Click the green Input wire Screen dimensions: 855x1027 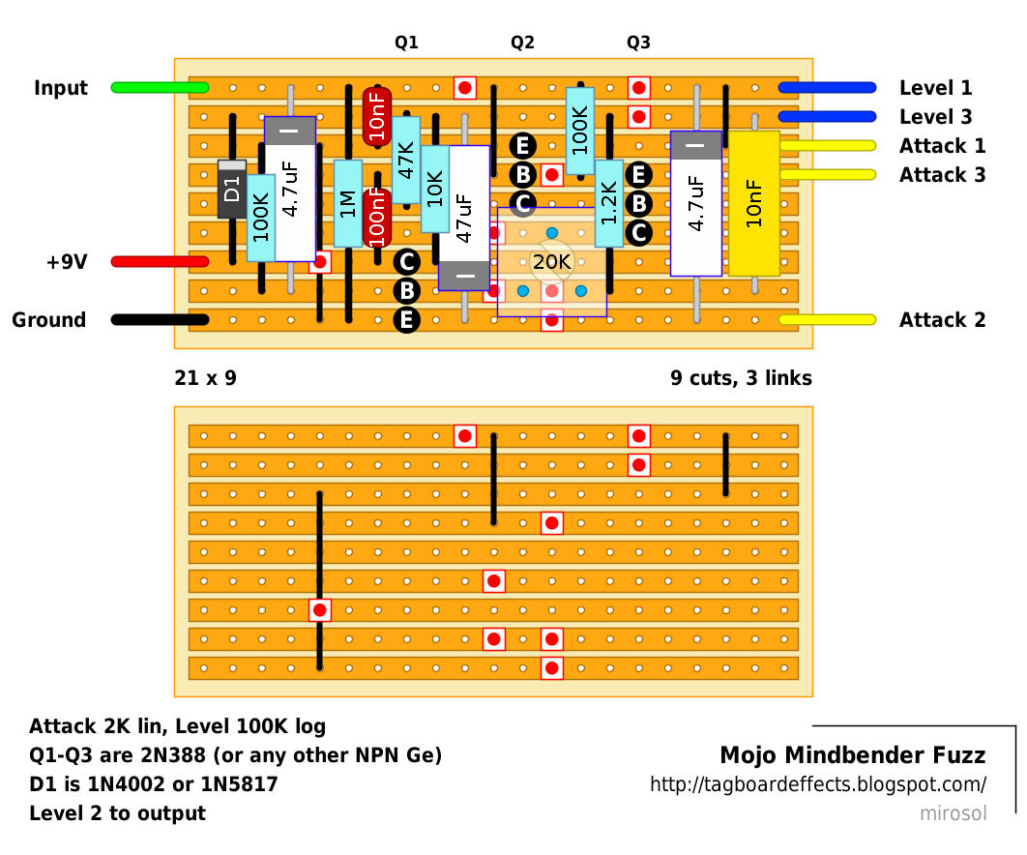coord(160,88)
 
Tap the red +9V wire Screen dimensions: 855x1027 coord(160,262)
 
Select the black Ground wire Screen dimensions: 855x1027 coord(160,320)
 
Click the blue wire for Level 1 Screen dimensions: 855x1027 coord(827,88)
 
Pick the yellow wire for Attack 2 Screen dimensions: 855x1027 coord(827,320)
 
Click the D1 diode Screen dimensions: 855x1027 coord(232,189)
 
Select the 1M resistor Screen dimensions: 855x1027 coord(348,203)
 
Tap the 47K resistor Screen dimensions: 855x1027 coord(406,160)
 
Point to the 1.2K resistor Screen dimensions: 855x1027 coord(609,218)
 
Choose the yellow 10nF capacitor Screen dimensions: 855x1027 coord(754,203)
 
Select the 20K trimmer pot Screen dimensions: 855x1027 coord(551,262)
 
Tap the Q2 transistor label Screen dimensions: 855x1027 coord(522,43)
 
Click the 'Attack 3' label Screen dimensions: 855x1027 coord(942,175)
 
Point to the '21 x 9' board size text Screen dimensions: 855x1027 coord(205,378)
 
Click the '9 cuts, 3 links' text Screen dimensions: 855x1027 coord(741,378)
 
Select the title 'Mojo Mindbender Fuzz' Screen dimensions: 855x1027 coord(852,755)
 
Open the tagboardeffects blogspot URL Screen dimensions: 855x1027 coord(817,784)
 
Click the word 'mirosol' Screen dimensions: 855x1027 coord(953,813)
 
